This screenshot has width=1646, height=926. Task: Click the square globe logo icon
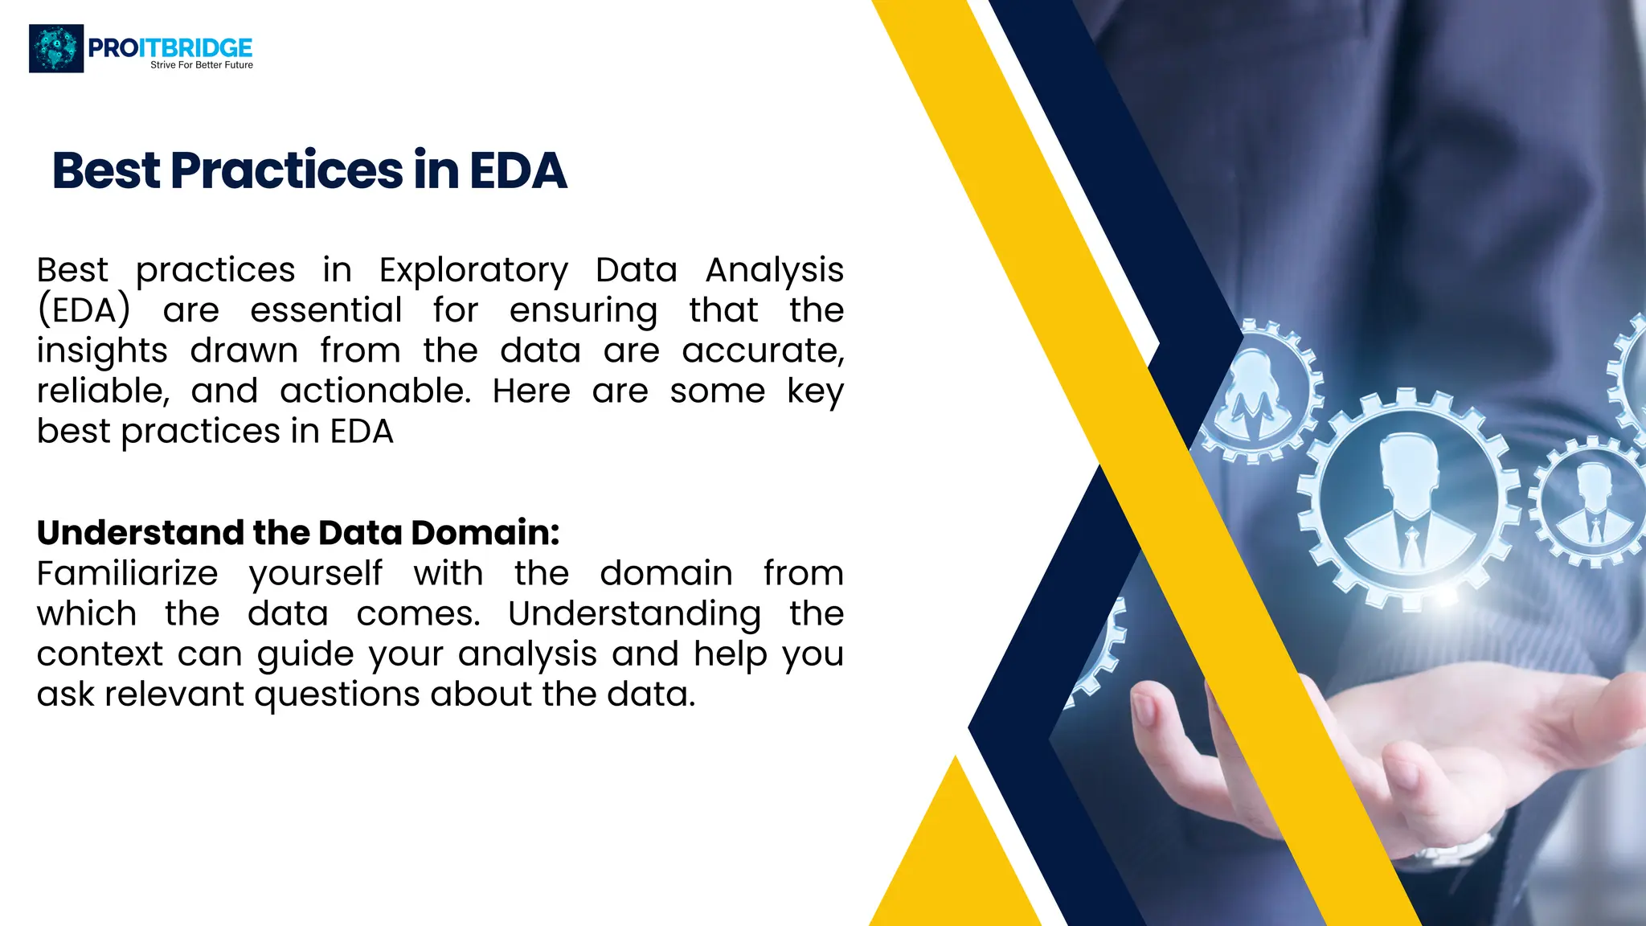point(56,48)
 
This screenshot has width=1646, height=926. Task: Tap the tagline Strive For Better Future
point(202,65)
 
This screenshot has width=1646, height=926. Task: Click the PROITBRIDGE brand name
point(170,47)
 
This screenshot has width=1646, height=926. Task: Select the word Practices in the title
point(287,170)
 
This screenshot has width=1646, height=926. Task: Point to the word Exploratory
point(473,271)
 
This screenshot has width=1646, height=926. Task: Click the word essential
point(326,310)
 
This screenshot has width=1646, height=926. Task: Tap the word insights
point(102,351)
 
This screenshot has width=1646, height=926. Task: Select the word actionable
point(375,391)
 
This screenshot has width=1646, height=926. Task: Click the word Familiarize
point(127,574)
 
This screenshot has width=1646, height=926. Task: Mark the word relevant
point(174,694)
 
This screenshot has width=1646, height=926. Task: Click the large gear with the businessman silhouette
point(1409,500)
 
